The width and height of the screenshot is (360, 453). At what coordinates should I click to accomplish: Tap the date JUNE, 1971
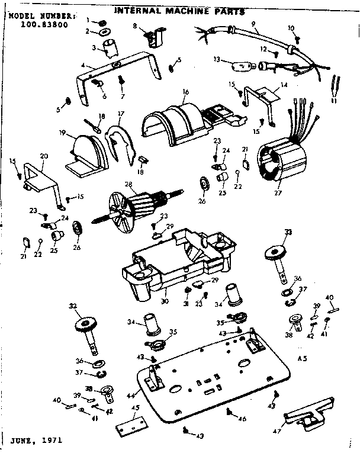point(35,441)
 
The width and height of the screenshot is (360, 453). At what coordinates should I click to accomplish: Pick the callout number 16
point(185,92)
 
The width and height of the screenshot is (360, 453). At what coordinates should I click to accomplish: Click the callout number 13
point(217,59)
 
